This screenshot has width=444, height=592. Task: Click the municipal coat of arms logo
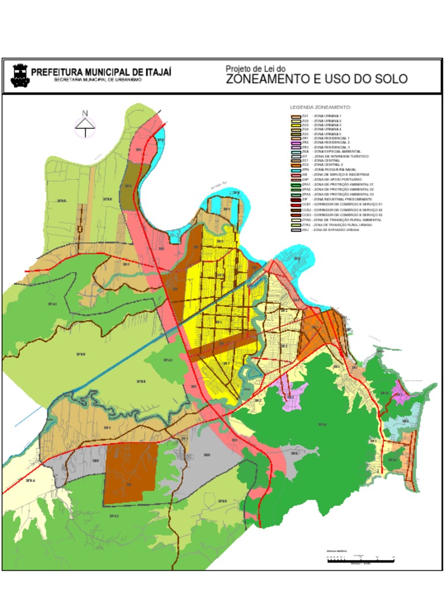(20, 76)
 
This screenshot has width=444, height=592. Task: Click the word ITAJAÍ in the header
(152, 72)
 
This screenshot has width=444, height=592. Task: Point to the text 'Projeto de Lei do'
(255, 68)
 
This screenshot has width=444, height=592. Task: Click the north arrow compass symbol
(85, 125)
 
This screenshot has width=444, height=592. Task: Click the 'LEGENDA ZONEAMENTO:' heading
(320, 108)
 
